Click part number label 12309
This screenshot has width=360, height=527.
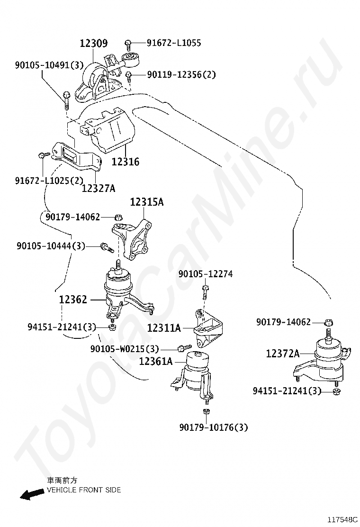(93, 43)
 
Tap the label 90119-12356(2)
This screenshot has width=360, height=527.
(181, 74)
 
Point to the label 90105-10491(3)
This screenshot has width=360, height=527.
(49, 65)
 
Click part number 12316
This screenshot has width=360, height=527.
(125, 162)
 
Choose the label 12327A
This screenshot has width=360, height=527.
(98, 188)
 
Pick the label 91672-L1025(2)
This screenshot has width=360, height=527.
(49, 180)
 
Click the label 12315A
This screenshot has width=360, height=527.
(146, 202)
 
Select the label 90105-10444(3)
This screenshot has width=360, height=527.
(51, 245)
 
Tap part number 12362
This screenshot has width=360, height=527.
(73, 300)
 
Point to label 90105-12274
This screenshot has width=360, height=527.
(205, 274)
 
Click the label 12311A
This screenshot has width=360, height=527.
(163, 327)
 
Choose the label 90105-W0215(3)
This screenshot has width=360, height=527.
(125, 349)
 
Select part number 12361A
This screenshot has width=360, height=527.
(155, 361)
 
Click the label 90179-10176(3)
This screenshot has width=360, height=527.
(213, 427)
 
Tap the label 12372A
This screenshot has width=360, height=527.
(282, 353)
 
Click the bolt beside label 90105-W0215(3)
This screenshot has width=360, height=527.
(181, 349)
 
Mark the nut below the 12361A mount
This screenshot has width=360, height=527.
(206, 411)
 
